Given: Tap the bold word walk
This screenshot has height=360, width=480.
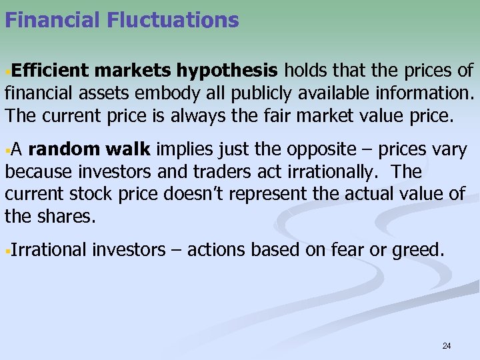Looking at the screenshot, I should point(131,150).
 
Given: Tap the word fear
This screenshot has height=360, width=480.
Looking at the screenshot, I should point(344,250).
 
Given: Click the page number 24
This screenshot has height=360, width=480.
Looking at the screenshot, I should point(447,345).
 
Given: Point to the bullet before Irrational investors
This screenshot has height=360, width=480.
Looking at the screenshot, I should point(7,251).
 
